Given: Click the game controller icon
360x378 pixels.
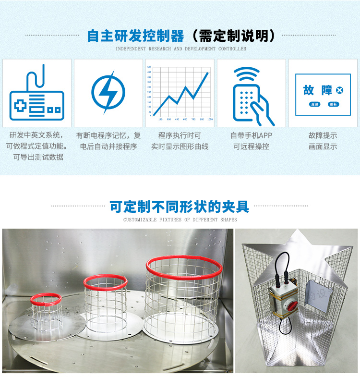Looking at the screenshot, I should click(37, 93).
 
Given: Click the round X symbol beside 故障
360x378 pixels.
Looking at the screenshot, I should click(339, 90).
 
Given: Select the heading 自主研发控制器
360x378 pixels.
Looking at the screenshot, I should click(135, 36).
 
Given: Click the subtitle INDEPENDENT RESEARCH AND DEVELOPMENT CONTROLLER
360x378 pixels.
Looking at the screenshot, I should click(180, 49).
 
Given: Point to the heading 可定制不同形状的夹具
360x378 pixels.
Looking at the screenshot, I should click(180, 207).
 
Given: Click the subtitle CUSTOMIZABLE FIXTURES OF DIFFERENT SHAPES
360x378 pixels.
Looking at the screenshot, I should click(180, 220).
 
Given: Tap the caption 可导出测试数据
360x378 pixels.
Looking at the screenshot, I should click(38, 157).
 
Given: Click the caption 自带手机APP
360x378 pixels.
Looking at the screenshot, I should click(251, 136).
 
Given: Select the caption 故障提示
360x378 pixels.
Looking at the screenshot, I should click(323, 136).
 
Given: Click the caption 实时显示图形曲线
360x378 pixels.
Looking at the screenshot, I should click(180, 146).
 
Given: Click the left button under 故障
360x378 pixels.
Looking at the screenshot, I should click(314, 104).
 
